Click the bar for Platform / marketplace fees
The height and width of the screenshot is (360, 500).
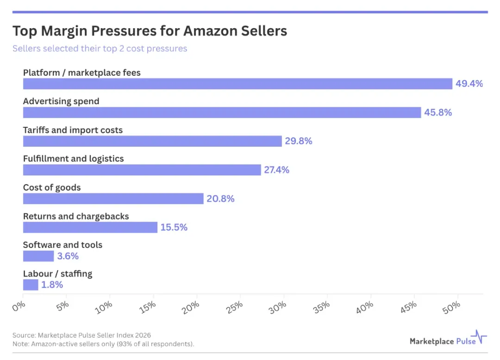[237, 84]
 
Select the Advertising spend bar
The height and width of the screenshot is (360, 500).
[222, 112]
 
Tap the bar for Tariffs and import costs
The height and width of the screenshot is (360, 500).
[152, 141]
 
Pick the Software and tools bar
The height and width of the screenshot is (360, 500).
[38, 256]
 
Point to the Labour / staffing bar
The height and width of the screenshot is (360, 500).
[31, 285]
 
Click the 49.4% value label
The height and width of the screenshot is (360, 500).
[469, 84]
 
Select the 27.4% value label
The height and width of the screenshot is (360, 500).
[276, 170]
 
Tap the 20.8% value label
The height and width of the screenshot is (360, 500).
[220, 199]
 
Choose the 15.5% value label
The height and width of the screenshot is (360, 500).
[174, 228]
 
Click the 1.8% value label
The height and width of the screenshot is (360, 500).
[52, 285]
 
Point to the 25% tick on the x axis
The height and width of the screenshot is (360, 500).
[234, 307]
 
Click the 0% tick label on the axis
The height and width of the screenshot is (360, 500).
[19, 306]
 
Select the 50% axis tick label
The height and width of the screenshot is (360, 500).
[451, 307]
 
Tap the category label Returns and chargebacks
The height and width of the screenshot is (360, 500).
[76, 216]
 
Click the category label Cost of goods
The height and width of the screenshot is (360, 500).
[52, 188]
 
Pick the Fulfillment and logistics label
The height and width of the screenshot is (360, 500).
[73, 159]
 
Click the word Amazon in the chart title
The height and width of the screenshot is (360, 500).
[211, 31]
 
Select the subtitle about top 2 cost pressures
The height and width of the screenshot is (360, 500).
[100, 49]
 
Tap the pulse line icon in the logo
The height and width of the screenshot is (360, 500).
[479, 337]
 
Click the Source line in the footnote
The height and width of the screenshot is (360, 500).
[81, 335]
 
